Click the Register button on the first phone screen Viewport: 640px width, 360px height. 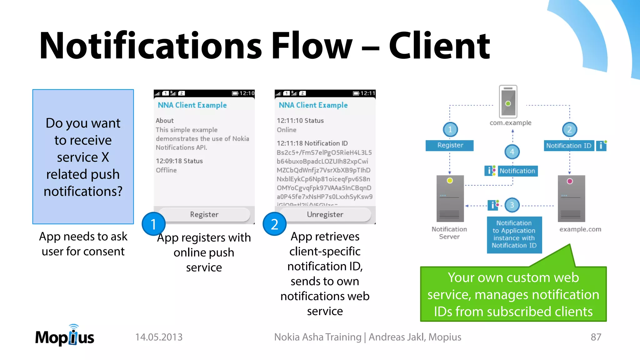(204, 214)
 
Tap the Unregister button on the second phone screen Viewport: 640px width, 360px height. (325, 214)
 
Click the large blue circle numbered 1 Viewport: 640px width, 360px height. (153, 224)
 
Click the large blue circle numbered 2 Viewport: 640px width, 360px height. (274, 224)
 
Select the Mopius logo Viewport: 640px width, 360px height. (65, 336)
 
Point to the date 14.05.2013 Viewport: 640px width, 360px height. (159, 337)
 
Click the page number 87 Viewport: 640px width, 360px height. (596, 337)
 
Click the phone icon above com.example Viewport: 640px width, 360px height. (508, 102)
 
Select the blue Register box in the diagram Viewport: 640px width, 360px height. (450, 145)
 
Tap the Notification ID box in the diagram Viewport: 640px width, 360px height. (569, 146)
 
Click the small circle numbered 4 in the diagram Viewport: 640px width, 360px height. (512, 152)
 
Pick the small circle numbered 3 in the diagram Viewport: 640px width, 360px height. (512, 205)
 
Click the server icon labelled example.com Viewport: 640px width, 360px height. (571, 199)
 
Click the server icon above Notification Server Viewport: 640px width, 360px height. (450, 199)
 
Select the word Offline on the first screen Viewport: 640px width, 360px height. (166, 170)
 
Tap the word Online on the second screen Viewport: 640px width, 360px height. (287, 130)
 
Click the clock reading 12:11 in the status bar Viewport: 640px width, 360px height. (367, 93)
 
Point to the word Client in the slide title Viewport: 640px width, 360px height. (439, 46)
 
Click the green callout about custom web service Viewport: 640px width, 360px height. (513, 294)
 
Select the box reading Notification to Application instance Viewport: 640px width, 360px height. (514, 234)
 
